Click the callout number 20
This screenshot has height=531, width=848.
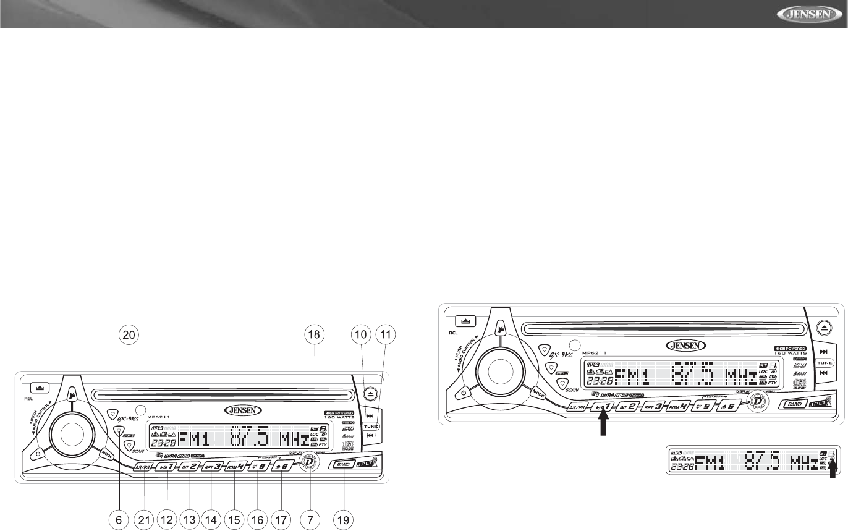pos(129,336)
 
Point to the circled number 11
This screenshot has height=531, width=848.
pos(386,336)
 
